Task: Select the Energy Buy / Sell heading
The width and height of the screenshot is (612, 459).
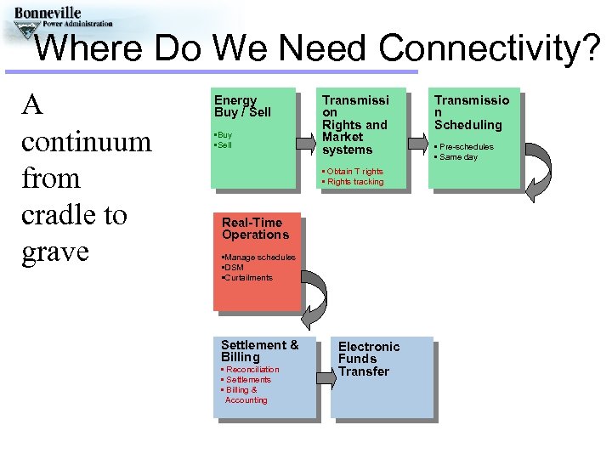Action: point(242,106)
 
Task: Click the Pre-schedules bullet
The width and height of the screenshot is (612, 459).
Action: point(466,147)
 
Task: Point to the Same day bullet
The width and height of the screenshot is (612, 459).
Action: point(458,157)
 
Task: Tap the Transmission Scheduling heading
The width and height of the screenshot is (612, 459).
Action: point(472,112)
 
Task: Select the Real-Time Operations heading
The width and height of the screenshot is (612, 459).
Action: point(255,229)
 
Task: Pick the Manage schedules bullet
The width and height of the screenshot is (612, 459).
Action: point(258,258)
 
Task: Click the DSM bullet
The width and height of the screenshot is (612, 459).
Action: point(233,268)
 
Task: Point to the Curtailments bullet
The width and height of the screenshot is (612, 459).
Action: point(247,278)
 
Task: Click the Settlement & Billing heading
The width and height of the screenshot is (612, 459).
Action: point(259,351)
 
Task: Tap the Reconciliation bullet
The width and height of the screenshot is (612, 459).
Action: point(251,370)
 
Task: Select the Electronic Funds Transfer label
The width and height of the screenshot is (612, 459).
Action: point(369,359)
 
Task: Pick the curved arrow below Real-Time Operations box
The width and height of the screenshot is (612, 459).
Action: point(314,301)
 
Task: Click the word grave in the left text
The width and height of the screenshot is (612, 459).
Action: point(55,252)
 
